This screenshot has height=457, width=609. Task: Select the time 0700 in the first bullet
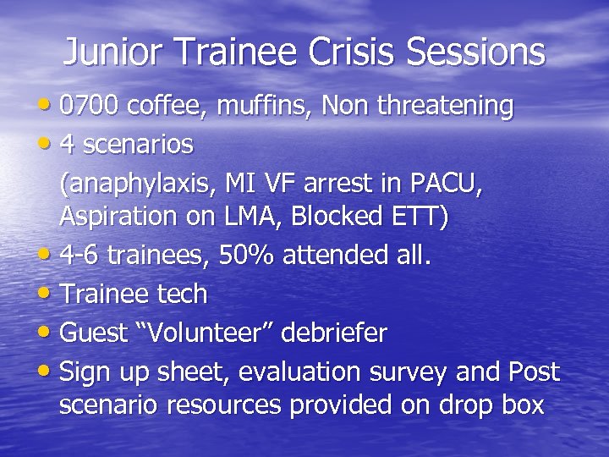tap(91, 106)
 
